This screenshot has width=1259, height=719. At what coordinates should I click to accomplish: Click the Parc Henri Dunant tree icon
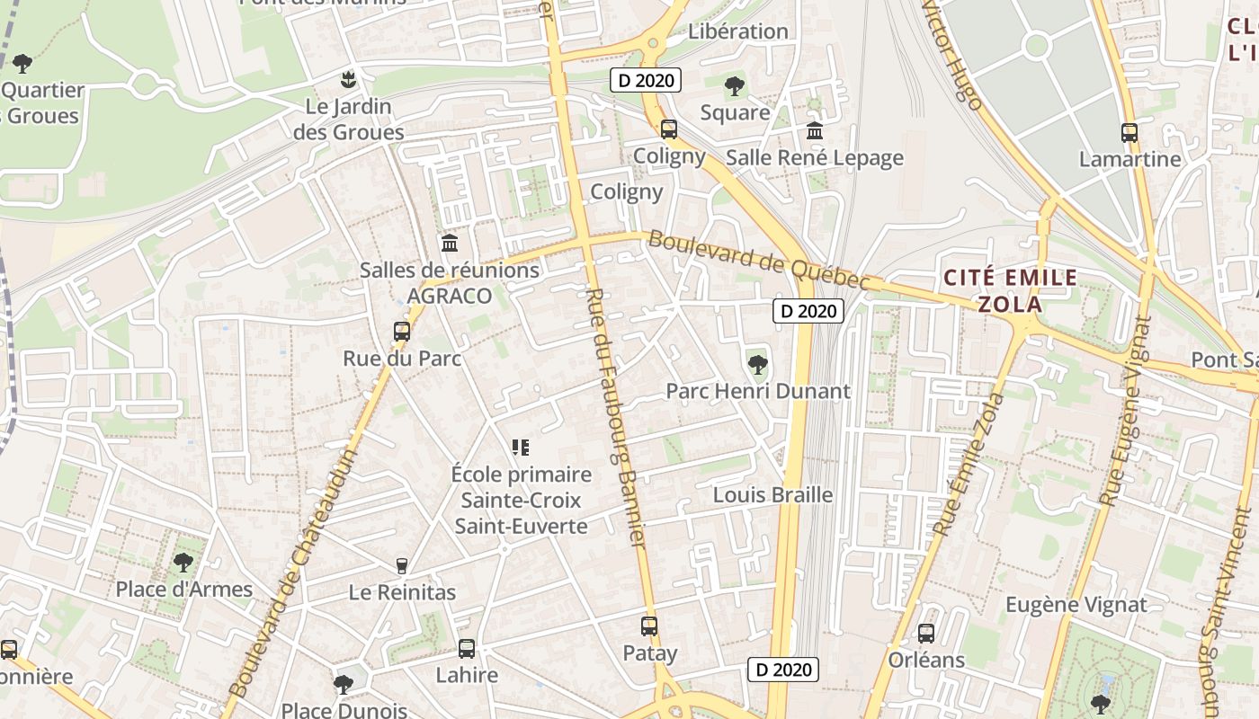click(x=757, y=364)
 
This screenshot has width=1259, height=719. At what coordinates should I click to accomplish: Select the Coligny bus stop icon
click(x=669, y=129)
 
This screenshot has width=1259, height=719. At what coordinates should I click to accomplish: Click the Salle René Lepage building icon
click(x=815, y=131)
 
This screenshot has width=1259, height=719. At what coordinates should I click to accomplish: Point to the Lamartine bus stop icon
click(x=1130, y=133)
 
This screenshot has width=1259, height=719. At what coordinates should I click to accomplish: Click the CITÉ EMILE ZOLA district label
click(x=1009, y=290)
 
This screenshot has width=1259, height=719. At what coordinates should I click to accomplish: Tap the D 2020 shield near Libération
click(x=646, y=80)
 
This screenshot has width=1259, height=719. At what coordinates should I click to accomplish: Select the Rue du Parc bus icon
click(x=402, y=332)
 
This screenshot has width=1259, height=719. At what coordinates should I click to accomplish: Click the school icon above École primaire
click(x=520, y=447)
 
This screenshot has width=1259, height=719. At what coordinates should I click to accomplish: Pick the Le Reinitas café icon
click(x=402, y=565)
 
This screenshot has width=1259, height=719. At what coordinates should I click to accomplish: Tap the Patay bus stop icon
click(x=649, y=626)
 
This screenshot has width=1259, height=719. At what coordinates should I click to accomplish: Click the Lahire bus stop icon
click(x=466, y=648)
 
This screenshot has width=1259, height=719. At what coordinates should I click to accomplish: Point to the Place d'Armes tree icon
click(x=183, y=563)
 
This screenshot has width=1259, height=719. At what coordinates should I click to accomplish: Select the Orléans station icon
click(x=926, y=634)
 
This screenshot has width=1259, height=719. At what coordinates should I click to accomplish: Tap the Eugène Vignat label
click(x=1076, y=605)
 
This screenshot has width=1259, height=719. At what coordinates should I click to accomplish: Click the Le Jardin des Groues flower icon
click(x=348, y=79)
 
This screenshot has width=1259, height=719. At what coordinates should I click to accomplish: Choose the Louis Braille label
click(x=772, y=495)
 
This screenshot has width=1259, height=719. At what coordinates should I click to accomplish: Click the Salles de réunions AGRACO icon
click(x=450, y=243)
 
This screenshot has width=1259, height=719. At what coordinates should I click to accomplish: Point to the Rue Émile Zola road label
click(x=969, y=465)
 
